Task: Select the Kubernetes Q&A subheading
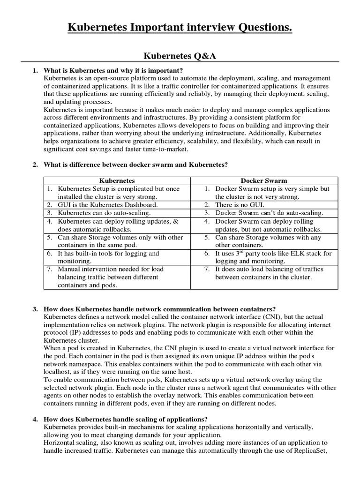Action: click(180, 56)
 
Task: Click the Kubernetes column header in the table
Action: click(117, 180)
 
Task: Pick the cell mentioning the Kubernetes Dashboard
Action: click(108, 205)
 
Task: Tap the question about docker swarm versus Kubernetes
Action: click(135, 165)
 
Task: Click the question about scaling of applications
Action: click(126, 419)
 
